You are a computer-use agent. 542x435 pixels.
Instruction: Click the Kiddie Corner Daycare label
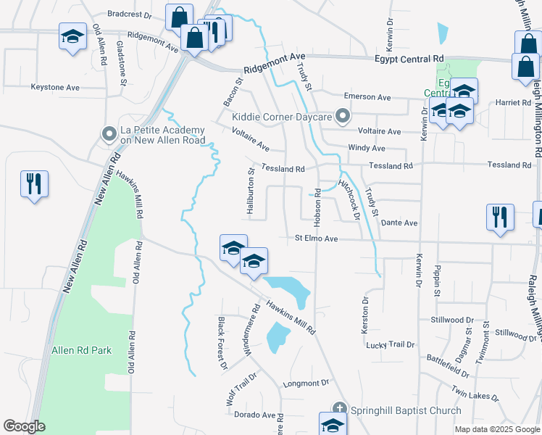pyautogui.click(x=282, y=116)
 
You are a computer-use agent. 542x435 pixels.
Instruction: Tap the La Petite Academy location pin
pyautogui.click(x=109, y=133)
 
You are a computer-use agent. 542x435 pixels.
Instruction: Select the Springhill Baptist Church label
pyautogui.click(x=406, y=410)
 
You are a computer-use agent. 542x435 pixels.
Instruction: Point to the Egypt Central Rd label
pyautogui.click(x=409, y=59)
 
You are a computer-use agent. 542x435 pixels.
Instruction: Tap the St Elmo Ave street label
pyautogui.click(x=317, y=239)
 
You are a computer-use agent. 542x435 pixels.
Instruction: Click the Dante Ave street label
pyautogui.click(x=399, y=223)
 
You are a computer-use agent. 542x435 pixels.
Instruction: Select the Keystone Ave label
pyautogui.click(x=55, y=87)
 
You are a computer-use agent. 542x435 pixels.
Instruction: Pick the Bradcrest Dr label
pyautogui.click(x=128, y=13)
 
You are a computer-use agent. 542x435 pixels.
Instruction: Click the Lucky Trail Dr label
pyautogui.click(x=391, y=345)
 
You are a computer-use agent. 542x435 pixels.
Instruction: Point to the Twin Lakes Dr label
pyautogui.click(x=475, y=394)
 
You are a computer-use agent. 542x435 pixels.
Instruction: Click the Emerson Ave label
pyautogui.click(x=367, y=97)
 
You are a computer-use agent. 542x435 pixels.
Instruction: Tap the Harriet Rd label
pyautogui.click(x=514, y=103)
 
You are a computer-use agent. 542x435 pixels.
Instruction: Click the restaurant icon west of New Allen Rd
pyautogui.click(x=34, y=183)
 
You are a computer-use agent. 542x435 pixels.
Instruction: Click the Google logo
pyautogui.click(x=24, y=426)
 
